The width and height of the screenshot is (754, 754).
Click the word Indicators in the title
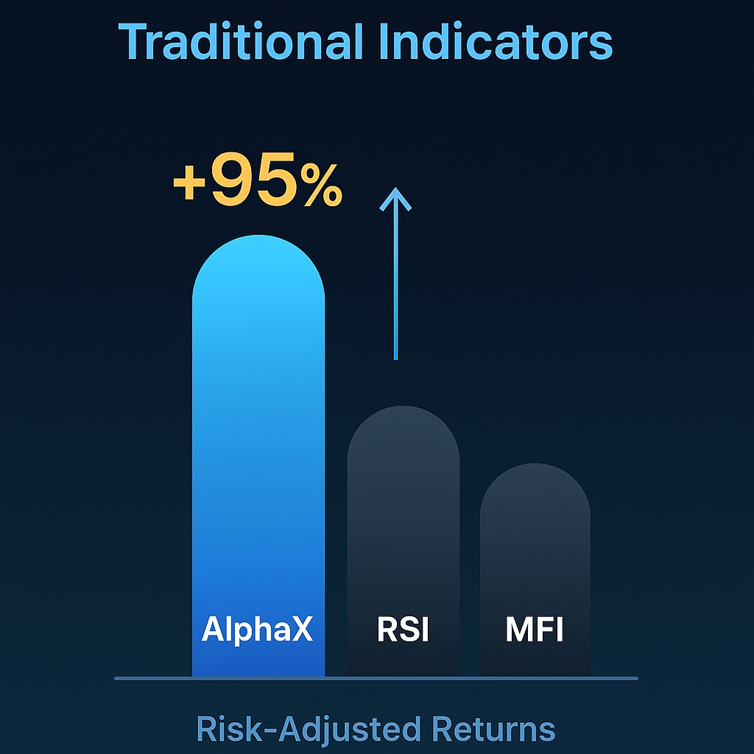point(496,41)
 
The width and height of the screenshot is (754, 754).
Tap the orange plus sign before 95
point(189,183)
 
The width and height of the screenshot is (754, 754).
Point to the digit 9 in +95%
point(233,178)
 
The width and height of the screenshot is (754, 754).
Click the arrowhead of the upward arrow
point(395,199)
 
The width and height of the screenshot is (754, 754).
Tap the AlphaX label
point(257,629)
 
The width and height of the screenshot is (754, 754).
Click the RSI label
point(403,629)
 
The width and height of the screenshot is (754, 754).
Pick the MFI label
point(535,629)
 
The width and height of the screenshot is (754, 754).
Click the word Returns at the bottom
point(494,730)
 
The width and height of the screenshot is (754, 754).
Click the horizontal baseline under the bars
point(376,678)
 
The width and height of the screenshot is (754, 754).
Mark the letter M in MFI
point(518,629)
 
